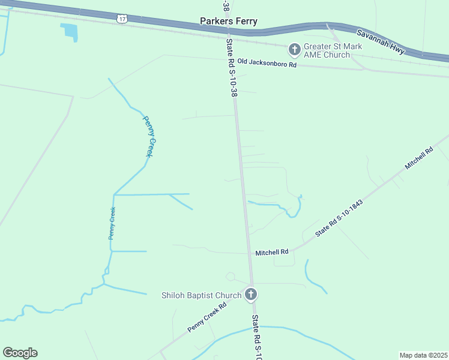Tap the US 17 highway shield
(122, 19)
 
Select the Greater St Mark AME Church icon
(295, 49)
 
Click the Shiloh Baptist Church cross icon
(251, 294)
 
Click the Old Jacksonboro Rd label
(267, 62)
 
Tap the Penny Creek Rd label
(206, 317)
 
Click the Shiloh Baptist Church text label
(201, 295)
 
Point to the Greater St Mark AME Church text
(327, 50)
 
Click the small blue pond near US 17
(70, 31)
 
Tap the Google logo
(20, 353)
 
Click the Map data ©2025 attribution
(423, 355)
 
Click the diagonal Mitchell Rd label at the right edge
(419, 159)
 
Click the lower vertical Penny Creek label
(112, 223)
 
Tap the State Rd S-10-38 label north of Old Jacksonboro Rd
(231, 68)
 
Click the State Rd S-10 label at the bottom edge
(256, 337)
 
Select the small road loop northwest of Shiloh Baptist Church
(230, 276)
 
